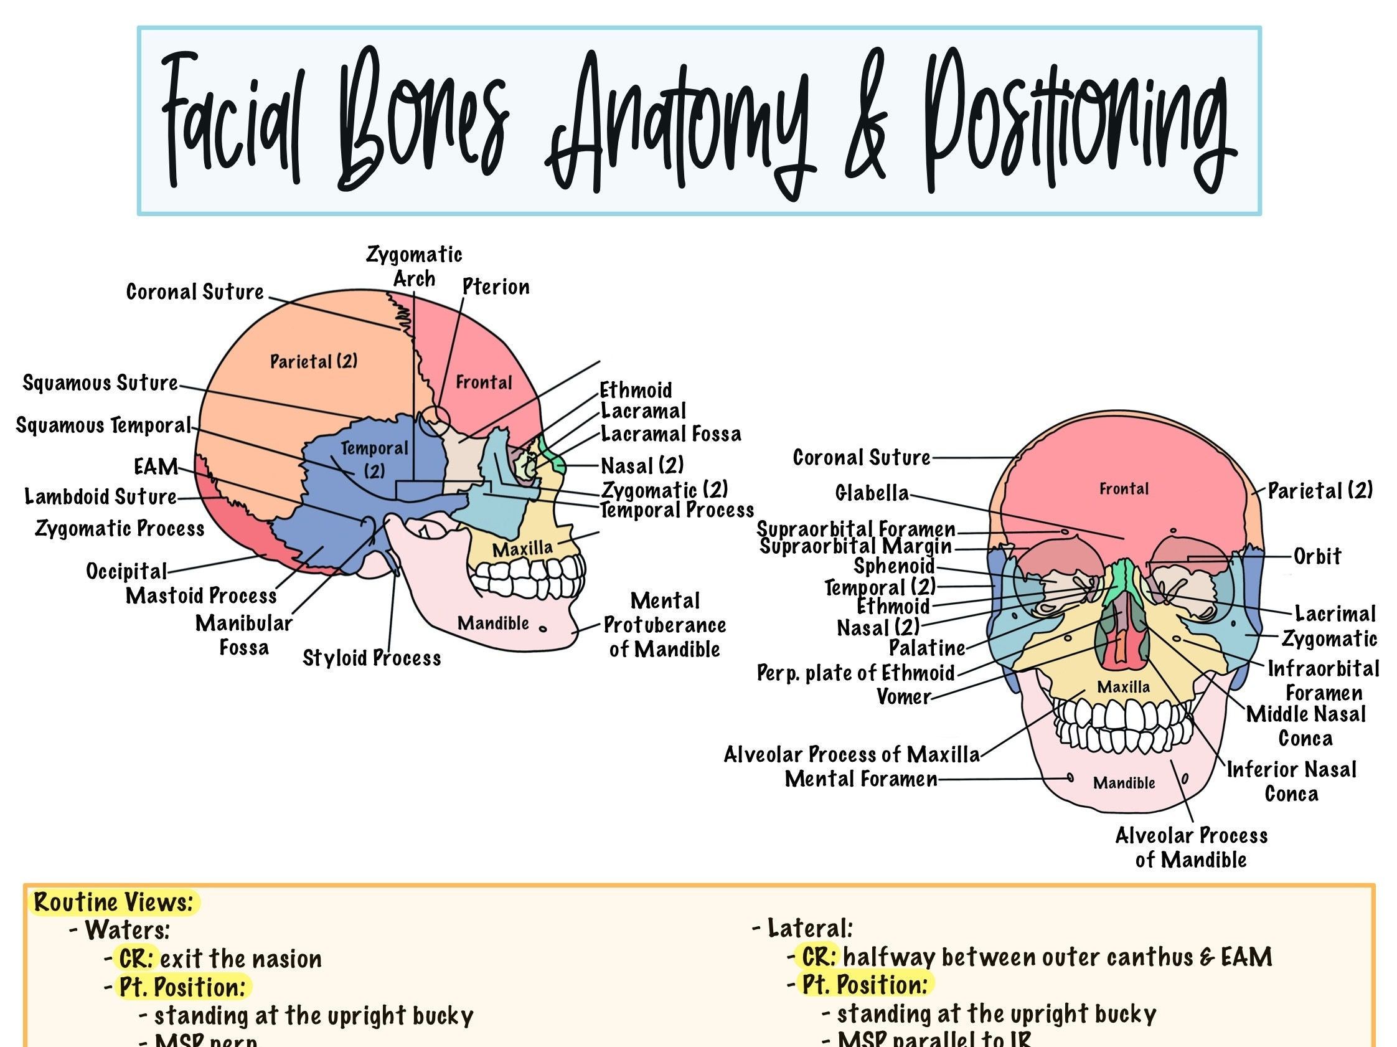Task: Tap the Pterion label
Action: pyautogui.click(x=496, y=287)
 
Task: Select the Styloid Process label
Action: pyautogui.click(x=372, y=658)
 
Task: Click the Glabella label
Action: pyautogui.click(x=872, y=493)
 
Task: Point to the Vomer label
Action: pyautogui.click(x=904, y=696)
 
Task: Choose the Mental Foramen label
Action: pyautogui.click(x=861, y=779)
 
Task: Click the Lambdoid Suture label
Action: pyautogui.click(x=100, y=496)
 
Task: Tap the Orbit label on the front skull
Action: pyautogui.click(x=1317, y=557)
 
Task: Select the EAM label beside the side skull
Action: pyautogui.click(x=156, y=467)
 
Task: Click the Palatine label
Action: pyautogui.click(x=927, y=648)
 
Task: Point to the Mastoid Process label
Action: pyautogui.click(x=201, y=596)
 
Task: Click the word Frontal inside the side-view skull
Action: pyautogui.click(x=484, y=382)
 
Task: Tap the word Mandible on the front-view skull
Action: pyautogui.click(x=1124, y=783)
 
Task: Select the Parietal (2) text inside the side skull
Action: pyautogui.click(x=314, y=361)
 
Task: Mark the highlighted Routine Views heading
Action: pyautogui.click(x=114, y=903)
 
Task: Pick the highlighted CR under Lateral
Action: pyautogui.click(x=819, y=957)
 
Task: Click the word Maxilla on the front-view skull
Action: pyautogui.click(x=1124, y=687)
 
